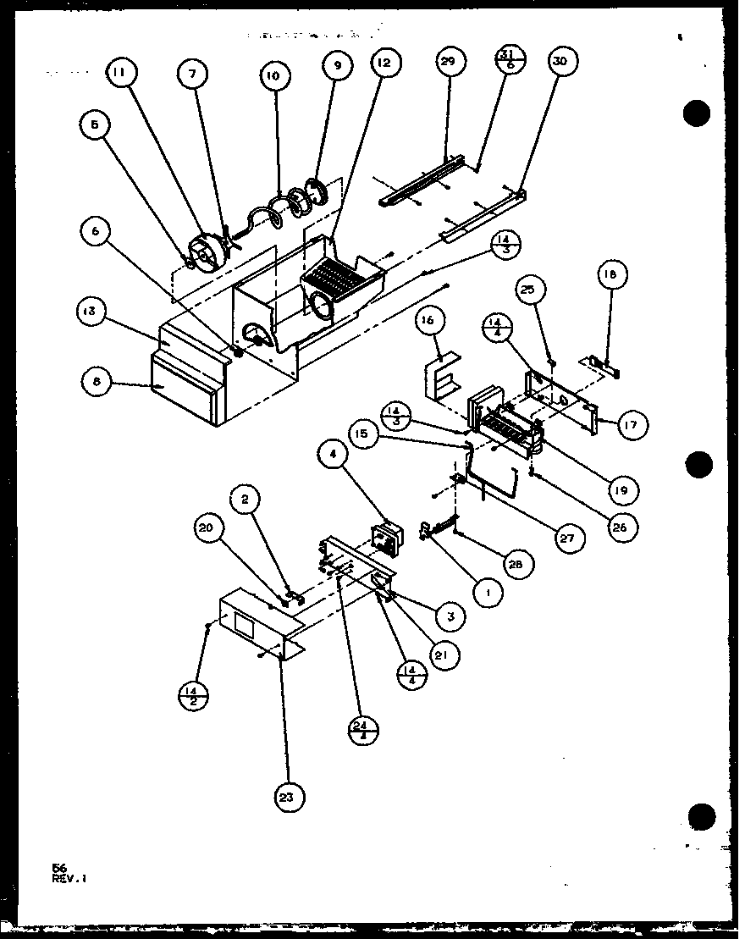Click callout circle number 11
[120, 75]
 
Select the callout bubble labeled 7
[193, 75]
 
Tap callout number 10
[272, 75]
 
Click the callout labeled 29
[448, 64]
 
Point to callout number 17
[627, 426]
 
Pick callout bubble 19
[622, 489]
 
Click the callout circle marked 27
[565, 537]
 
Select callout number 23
[290, 796]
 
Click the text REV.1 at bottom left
[69, 878]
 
